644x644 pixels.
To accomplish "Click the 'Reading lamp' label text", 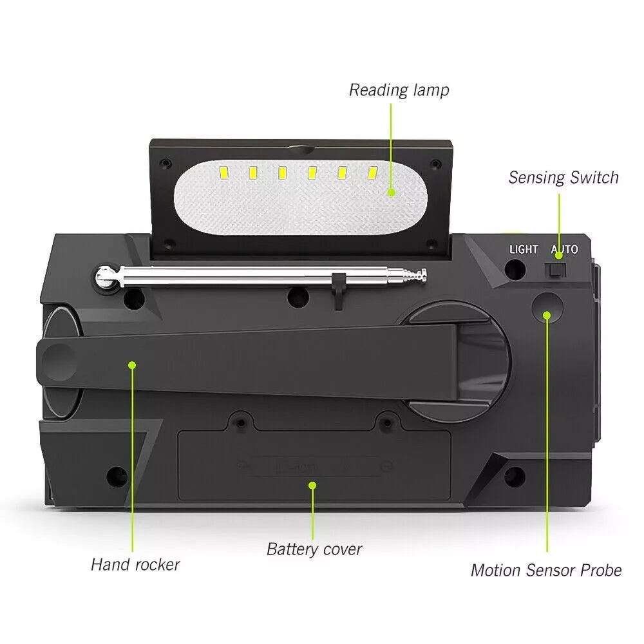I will tap(399, 90).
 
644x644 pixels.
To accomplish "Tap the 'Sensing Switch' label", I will tap(563, 178).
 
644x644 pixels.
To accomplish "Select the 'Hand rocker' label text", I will tap(135, 565).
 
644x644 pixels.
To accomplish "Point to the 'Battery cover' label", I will tap(314, 549).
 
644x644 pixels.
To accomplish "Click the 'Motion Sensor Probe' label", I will tap(546, 570).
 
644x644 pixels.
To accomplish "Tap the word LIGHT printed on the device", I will tap(524, 249).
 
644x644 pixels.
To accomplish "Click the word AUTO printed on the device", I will tap(564, 249).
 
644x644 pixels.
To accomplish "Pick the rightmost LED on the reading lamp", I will tap(372, 173).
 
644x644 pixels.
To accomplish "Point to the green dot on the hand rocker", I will tap(132, 365).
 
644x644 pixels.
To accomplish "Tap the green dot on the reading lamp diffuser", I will tap(391, 192).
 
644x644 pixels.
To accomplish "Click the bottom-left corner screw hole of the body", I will tap(118, 476).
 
